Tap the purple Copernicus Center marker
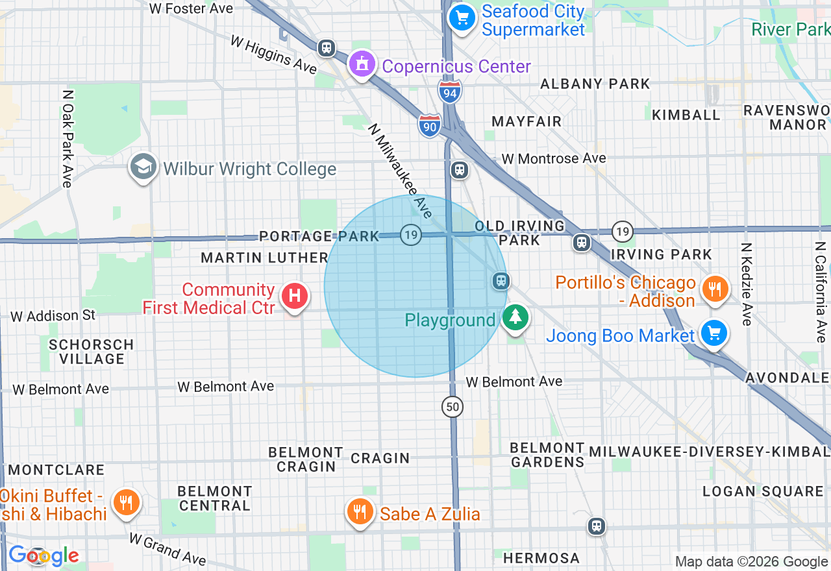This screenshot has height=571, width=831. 362,64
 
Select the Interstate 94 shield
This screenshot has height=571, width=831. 450,92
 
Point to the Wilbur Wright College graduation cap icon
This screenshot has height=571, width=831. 143,167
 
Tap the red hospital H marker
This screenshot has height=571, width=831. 294,297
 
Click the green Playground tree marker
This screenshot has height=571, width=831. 515,317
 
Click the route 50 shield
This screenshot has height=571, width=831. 453,407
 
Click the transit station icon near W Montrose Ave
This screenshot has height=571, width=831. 460,170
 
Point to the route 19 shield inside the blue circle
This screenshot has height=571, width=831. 410,234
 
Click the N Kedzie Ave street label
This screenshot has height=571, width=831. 745,284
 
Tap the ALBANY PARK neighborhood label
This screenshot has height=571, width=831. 595,84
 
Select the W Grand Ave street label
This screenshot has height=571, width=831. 167,549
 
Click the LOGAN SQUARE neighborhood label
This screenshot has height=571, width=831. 762,491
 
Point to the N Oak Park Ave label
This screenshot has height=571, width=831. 67,138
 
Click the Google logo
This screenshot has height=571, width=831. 43,555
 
